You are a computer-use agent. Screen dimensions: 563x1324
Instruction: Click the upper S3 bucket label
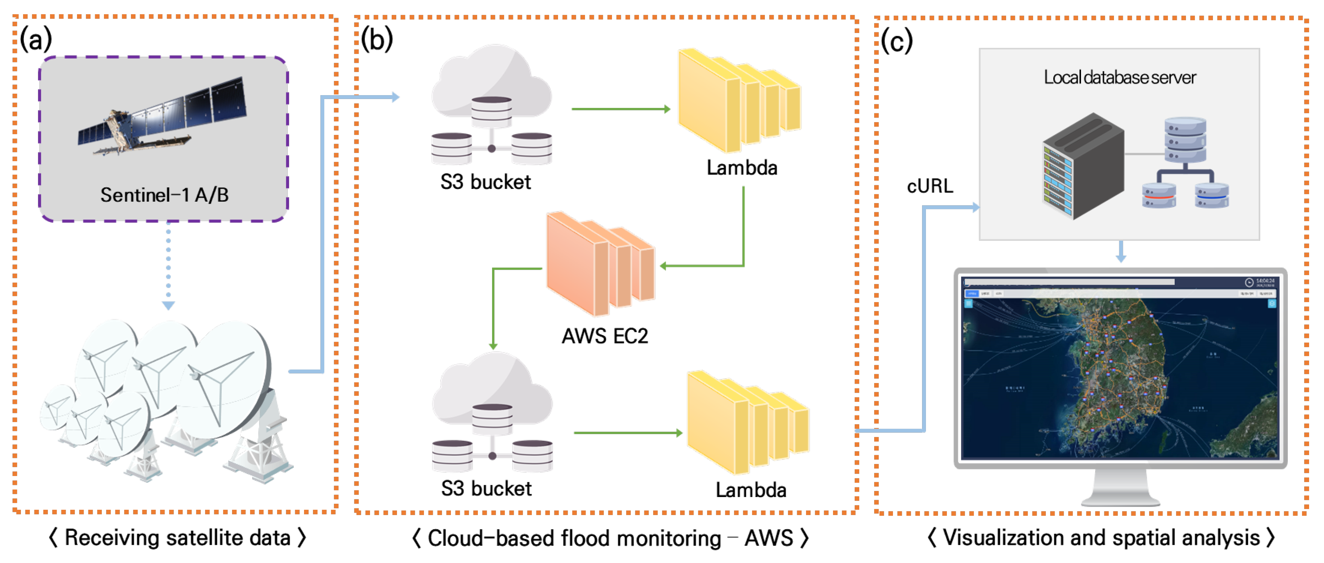click(x=485, y=182)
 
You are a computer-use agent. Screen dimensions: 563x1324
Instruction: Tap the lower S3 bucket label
click(x=486, y=488)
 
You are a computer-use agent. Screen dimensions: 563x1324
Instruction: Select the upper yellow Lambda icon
click(x=738, y=100)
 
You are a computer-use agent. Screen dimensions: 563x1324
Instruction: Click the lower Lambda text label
click(x=751, y=490)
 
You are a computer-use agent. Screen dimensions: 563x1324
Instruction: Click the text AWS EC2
click(x=605, y=336)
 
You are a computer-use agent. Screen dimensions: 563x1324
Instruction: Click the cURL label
click(x=930, y=186)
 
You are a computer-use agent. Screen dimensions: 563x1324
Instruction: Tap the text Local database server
click(x=1119, y=78)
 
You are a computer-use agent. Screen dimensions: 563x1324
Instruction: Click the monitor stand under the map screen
click(x=1120, y=488)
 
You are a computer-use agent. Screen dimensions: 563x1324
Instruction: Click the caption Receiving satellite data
click(x=177, y=538)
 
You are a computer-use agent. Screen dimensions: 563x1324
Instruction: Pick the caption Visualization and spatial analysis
click(x=1100, y=538)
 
